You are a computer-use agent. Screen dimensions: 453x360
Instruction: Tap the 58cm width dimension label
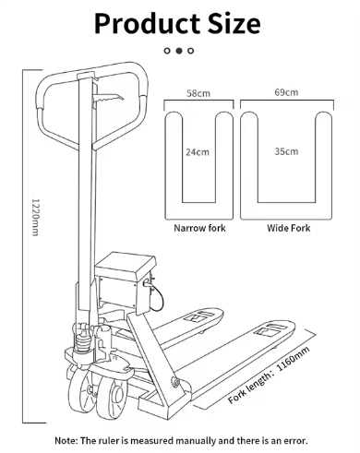click(x=197, y=93)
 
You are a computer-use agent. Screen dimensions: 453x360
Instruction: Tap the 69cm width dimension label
click(x=286, y=93)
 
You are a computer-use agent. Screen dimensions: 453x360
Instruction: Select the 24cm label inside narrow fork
click(x=197, y=150)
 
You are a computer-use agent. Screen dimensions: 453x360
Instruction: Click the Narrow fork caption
click(x=198, y=226)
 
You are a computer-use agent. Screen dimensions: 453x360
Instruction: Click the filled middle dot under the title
click(x=179, y=51)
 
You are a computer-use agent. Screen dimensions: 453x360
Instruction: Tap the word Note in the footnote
click(x=69, y=440)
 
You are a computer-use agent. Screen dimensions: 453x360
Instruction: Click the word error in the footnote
click(x=292, y=440)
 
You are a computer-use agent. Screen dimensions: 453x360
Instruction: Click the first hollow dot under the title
click(x=168, y=51)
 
